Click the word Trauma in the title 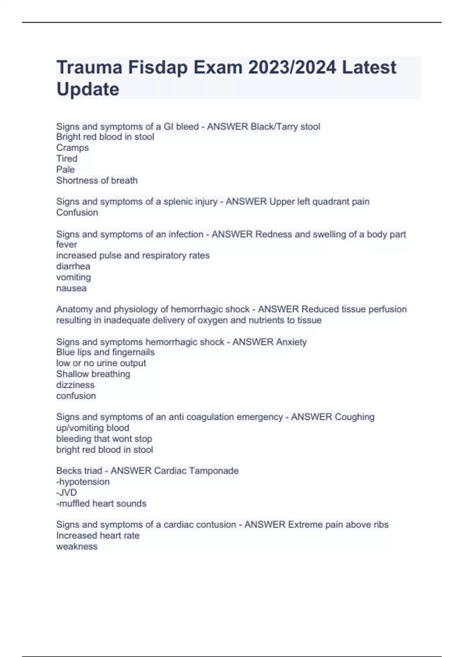tap(89, 67)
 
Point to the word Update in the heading tap(88, 89)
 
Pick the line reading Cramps tap(72, 148)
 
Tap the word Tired tap(67, 158)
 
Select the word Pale tap(65, 169)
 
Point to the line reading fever tap(67, 244)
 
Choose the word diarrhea tap(73, 266)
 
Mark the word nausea tap(71, 288)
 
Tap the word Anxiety tap(291, 342)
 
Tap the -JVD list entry tap(67, 492)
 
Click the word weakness tap(77, 546)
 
